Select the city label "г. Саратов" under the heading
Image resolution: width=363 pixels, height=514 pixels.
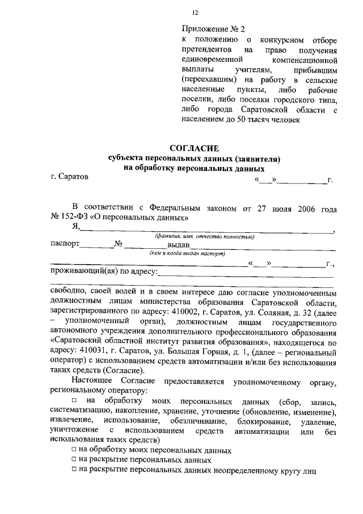(x=69, y=178)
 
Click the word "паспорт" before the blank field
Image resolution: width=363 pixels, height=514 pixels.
(x=64, y=245)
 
